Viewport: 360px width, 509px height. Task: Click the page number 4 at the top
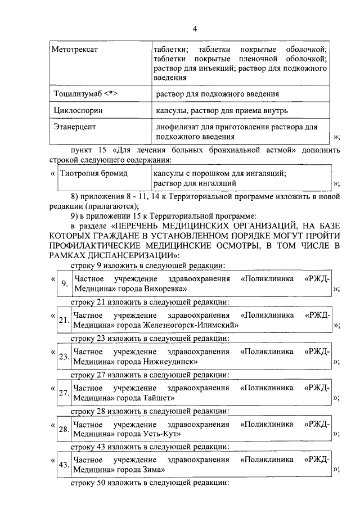[x=195, y=29]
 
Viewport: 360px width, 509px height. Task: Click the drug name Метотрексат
[x=75, y=49]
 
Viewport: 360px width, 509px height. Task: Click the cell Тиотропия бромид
[x=94, y=173]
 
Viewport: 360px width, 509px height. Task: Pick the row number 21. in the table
[x=64, y=321]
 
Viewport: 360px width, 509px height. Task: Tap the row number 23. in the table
[x=64, y=357]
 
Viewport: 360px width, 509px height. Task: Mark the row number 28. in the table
[x=64, y=429]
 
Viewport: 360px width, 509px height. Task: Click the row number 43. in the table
[x=64, y=465]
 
